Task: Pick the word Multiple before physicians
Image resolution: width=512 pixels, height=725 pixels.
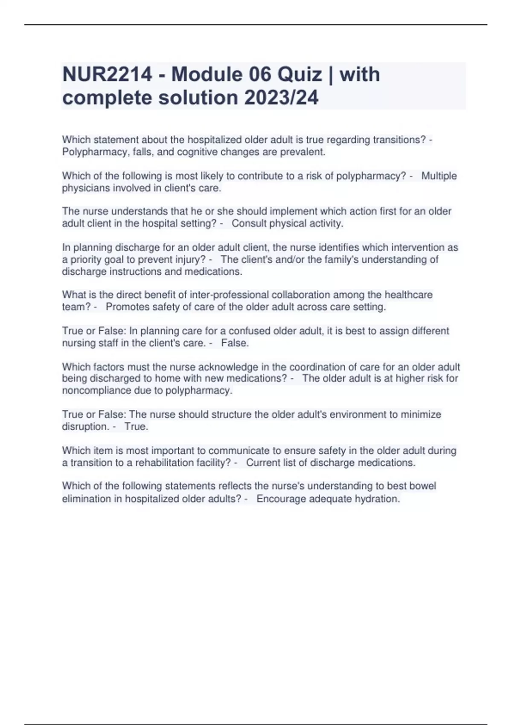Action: (439, 176)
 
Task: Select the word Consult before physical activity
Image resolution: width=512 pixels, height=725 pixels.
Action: (249, 223)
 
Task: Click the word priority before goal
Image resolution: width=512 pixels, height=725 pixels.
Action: (85, 259)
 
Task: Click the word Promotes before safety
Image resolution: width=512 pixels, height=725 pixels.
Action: (126, 307)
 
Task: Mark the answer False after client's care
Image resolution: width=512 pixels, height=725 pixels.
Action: (235, 343)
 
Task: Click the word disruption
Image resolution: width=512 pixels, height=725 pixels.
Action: (84, 426)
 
